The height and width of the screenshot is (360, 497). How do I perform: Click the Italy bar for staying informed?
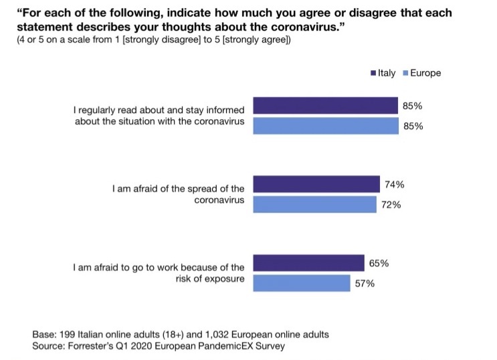coord(326,106)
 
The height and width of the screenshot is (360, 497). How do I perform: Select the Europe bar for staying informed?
coord(326,126)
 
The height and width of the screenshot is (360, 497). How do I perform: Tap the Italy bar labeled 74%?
coord(316,184)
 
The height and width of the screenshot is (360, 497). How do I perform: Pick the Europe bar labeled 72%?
coord(314,204)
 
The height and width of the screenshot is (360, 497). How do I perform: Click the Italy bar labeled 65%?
coord(307,263)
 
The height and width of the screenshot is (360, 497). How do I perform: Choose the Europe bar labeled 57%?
coord(302,283)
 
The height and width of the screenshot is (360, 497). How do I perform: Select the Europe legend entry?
coord(422,73)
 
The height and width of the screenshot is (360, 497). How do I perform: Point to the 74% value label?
coord(395,185)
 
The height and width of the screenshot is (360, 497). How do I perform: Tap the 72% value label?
coord(391,205)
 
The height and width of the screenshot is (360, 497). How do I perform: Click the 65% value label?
coord(379,264)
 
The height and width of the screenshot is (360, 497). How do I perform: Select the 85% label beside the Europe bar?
coord(413,126)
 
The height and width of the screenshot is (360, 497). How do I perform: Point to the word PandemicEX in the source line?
coord(222,346)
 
